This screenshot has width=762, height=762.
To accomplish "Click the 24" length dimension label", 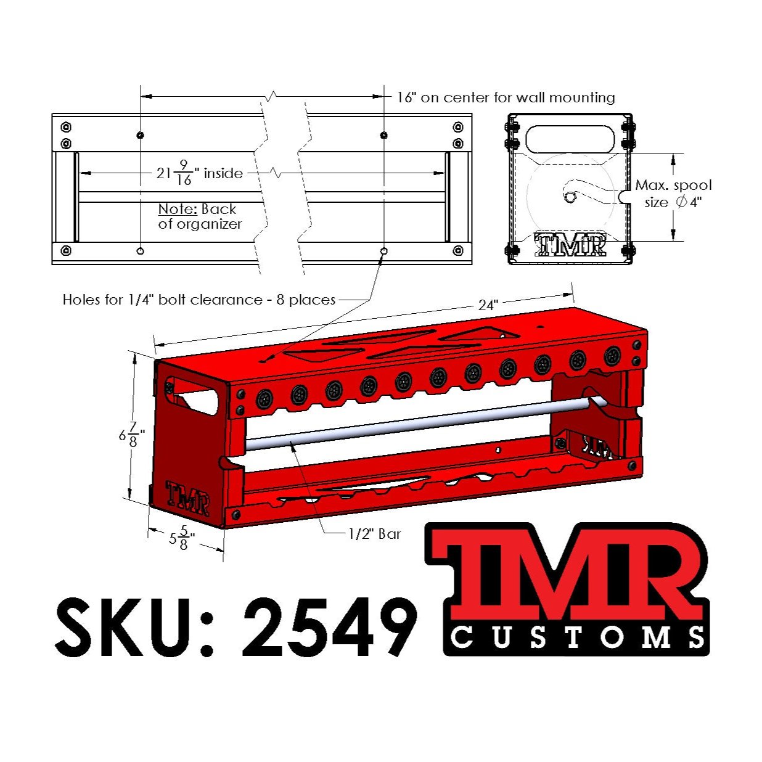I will [488, 305].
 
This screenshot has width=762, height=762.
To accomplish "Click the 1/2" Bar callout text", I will [374, 534].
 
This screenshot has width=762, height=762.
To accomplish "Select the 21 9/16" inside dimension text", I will [199, 173].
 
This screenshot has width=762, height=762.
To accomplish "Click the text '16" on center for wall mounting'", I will [506, 97].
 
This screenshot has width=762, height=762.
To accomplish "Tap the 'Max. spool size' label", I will [673, 194].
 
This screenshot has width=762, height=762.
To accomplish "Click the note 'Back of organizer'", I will [199, 216].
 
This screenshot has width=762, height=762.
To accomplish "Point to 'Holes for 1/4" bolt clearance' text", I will [199, 300].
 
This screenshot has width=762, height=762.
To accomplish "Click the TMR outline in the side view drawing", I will [570, 245].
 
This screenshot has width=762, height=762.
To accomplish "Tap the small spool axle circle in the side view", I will [570, 197].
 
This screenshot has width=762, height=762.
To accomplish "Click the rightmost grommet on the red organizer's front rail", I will [612, 355].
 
